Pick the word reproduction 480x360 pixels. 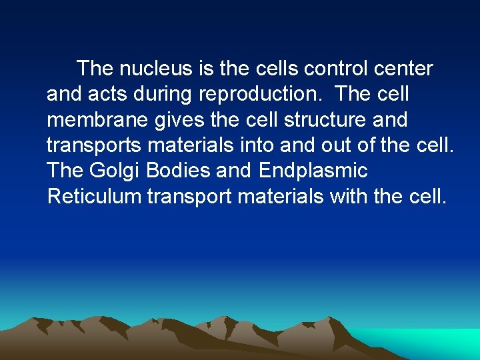tap(261, 95)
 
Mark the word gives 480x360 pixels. tap(170, 120)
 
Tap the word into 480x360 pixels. tap(259, 145)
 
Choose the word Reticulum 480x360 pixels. tap(94, 196)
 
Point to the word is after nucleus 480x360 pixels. tap(205, 69)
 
